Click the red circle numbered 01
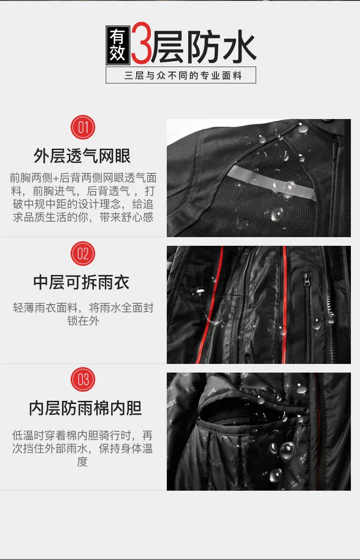click(x=82, y=127)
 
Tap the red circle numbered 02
click(x=82, y=254)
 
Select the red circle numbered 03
click(x=82, y=379)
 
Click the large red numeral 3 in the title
click(x=141, y=43)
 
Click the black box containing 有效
click(x=118, y=45)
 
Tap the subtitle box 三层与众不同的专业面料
click(x=181, y=75)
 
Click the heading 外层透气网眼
click(x=82, y=156)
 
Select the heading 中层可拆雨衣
click(x=82, y=282)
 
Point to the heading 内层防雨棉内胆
click(x=85, y=409)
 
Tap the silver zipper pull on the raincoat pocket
click(x=307, y=279)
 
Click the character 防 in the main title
click(x=204, y=46)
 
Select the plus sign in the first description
click(x=56, y=178)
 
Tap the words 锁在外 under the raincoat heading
click(x=83, y=321)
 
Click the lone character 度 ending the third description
click(x=82, y=461)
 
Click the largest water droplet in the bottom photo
click(x=287, y=451)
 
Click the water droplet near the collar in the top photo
click(x=303, y=129)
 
